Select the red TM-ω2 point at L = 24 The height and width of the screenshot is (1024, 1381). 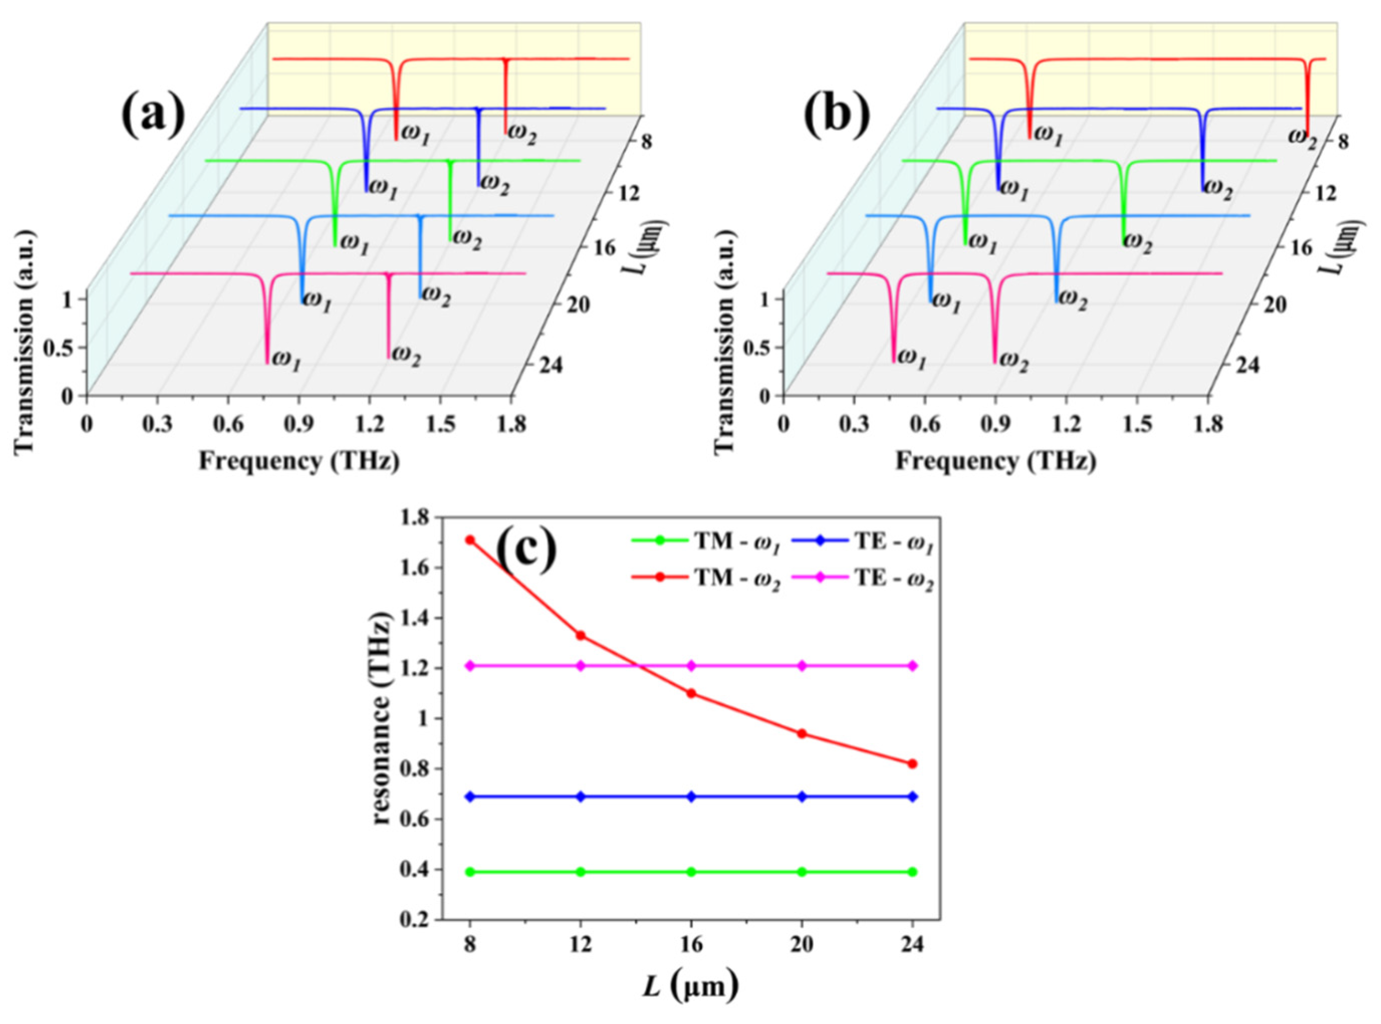tap(913, 763)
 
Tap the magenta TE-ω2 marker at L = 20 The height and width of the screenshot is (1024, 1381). tap(802, 666)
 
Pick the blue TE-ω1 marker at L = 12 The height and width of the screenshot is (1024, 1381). tap(581, 797)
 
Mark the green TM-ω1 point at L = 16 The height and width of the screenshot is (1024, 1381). tap(692, 872)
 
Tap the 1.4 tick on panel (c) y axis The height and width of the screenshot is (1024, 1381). tap(417, 618)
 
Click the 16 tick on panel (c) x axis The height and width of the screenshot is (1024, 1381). tap(692, 945)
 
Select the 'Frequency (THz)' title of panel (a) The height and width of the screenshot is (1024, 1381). tap(299, 461)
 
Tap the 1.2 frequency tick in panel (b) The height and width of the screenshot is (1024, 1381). tap(1066, 425)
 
